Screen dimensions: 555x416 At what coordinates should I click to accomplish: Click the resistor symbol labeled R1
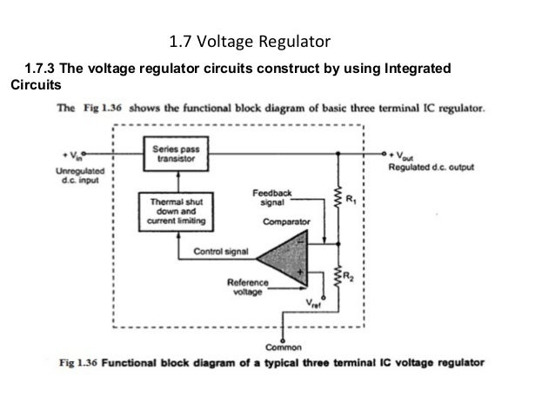point(338,198)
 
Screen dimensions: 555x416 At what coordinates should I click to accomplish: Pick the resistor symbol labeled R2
point(338,277)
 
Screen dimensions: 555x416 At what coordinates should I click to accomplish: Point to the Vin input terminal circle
point(84,154)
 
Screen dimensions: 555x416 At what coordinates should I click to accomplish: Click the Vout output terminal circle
point(384,154)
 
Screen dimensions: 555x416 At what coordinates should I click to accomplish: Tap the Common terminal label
point(284,347)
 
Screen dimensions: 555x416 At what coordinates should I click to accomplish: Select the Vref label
point(313,304)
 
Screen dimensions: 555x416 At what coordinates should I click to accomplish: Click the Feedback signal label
point(271,197)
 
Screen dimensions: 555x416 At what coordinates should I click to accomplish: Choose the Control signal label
point(221,251)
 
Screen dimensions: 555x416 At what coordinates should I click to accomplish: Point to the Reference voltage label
point(248,287)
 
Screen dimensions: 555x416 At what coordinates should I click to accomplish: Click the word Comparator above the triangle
point(286,221)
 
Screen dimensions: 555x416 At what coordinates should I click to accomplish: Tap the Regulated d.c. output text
point(431,167)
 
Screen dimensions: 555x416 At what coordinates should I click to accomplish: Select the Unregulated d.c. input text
point(80,175)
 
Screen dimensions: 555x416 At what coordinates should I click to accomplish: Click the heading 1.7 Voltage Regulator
point(250,42)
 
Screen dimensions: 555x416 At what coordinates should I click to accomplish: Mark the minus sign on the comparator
point(300,242)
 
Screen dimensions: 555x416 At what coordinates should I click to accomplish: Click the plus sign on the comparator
point(300,272)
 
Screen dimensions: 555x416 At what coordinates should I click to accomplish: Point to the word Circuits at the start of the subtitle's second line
point(36,85)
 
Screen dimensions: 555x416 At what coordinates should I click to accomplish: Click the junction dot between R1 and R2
point(338,244)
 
